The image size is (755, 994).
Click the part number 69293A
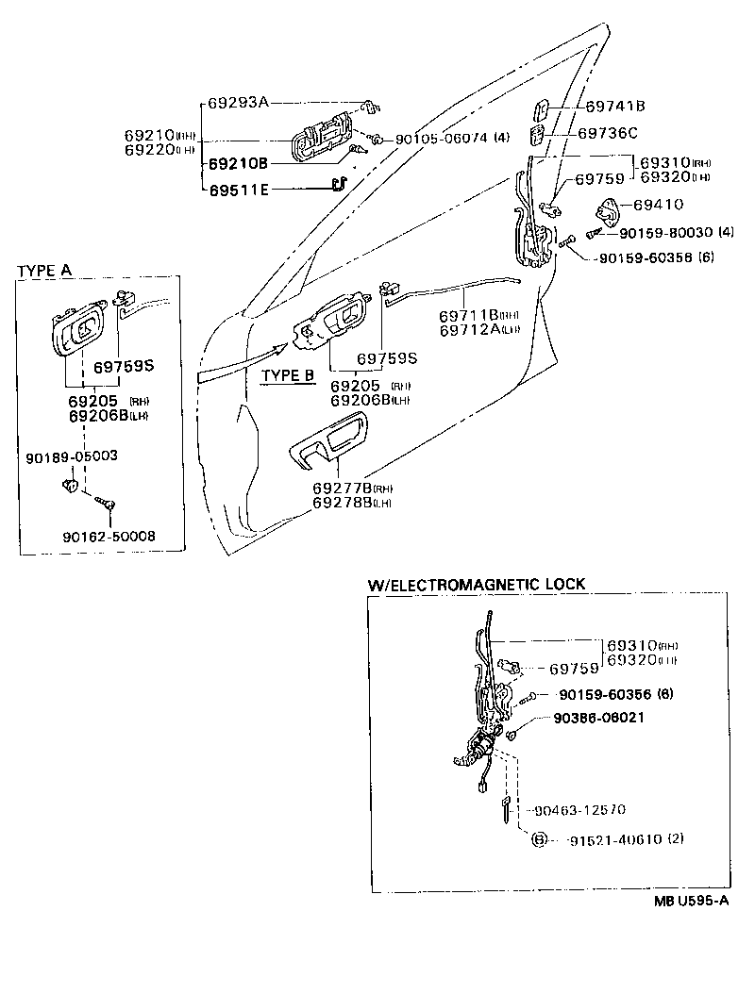click(x=239, y=102)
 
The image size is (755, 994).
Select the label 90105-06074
click(x=441, y=138)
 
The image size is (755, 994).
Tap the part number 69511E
click(x=239, y=190)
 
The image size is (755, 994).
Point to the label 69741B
click(x=614, y=107)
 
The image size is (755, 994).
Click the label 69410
click(x=658, y=204)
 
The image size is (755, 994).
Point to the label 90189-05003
click(x=72, y=456)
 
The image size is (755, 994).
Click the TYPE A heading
click(x=44, y=270)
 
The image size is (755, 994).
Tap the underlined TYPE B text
click(x=287, y=374)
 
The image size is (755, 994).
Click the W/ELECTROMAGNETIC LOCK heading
click(x=476, y=584)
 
